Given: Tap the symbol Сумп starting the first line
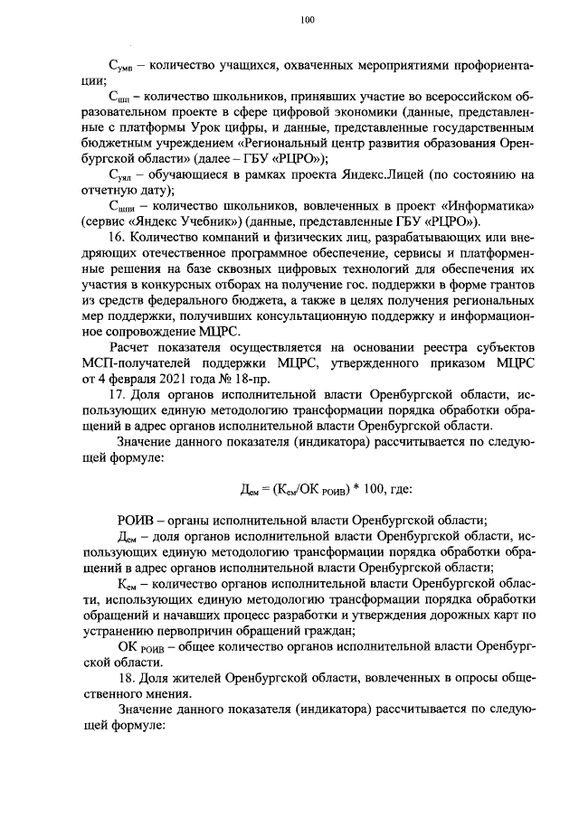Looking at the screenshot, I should point(121,67).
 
